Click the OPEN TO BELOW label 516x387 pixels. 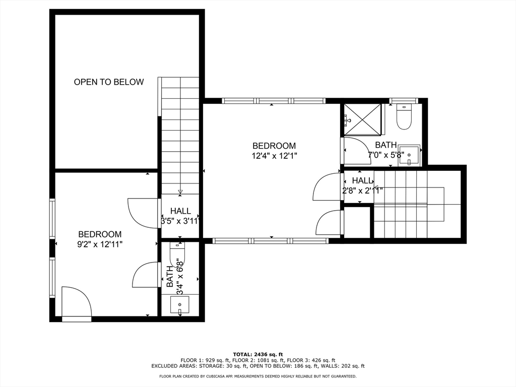point(109,82)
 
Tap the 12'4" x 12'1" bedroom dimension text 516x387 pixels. point(275,156)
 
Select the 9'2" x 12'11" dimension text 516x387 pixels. point(100,244)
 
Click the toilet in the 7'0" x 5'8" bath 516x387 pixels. point(404,117)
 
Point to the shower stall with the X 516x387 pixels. point(362,119)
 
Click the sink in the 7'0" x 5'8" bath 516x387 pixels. point(409,155)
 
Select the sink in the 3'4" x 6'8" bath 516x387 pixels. point(180,305)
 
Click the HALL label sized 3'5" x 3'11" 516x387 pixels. point(180,211)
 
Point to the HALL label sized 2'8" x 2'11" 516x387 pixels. point(363,181)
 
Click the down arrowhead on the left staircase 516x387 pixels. point(180,191)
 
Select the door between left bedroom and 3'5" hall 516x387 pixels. point(142,213)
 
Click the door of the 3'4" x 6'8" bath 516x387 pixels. point(145,275)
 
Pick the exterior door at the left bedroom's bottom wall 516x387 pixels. point(77,303)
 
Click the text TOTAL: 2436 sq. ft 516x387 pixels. point(258,354)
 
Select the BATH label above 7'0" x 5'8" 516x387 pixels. point(385,145)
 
